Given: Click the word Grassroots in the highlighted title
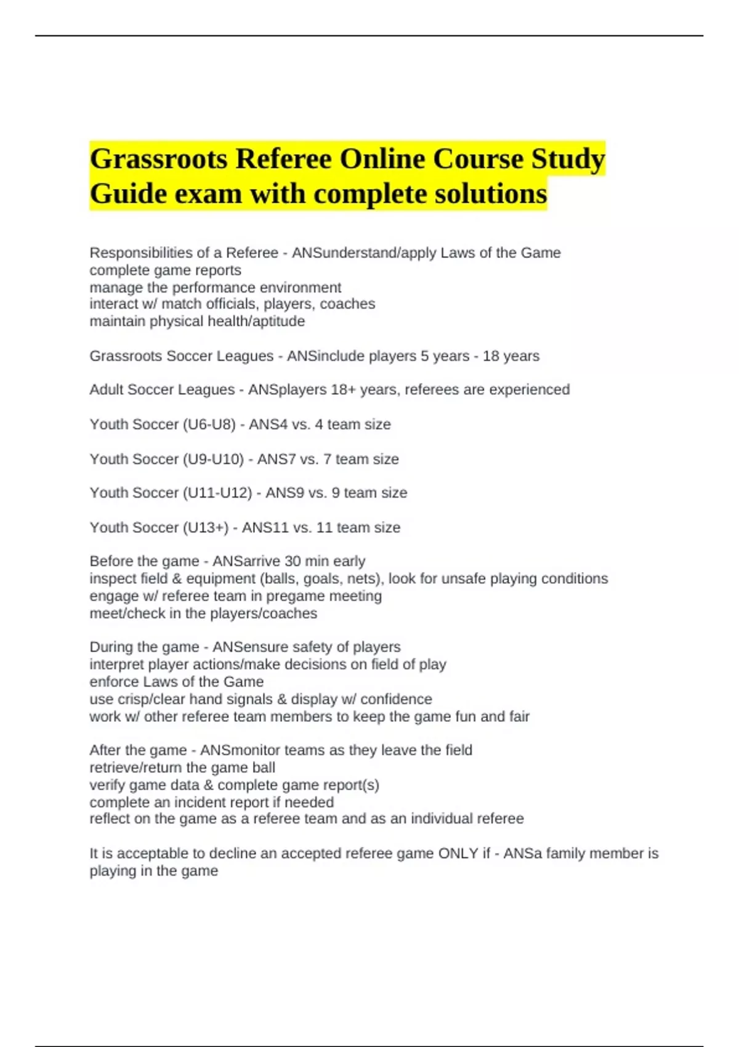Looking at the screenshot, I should pos(158,159).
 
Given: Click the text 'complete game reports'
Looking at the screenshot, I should pos(165,270).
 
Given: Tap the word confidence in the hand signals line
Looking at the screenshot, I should pos(396,700).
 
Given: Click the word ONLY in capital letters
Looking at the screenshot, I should pos(458,854).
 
